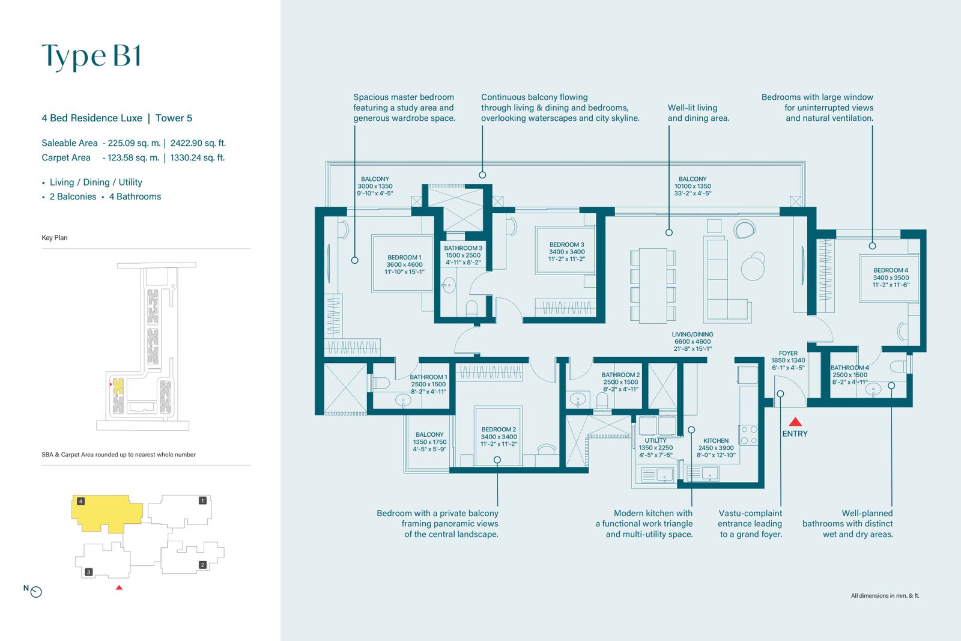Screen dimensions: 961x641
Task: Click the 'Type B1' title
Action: click(x=91, y=56)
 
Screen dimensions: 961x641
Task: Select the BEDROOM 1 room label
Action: click(x=404, y=258)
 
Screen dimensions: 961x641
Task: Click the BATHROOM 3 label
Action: click(x=463, y=248)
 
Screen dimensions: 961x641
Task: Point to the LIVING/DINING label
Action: click(x=693, y=334)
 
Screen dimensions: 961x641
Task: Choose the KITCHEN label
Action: click(x=715, y=440)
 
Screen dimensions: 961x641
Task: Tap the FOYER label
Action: click(x=788, y=353)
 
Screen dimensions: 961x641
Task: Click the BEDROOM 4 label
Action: click(x=891, y=270)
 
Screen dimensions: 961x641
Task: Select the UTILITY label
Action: click(x=655, y=440)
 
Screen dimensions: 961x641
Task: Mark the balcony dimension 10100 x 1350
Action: click(x=693, y=186)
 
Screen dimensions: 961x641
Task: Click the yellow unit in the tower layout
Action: click(x=107, y=513)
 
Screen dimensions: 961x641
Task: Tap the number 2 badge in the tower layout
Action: click(x=202, y=565)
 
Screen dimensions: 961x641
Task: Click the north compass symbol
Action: click(x=36, y=592)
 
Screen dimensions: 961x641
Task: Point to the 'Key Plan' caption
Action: click(x=55, y=238)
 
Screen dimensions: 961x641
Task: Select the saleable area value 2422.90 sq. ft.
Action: click(x=198, y=143)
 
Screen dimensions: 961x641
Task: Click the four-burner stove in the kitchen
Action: click(x=748, y=434)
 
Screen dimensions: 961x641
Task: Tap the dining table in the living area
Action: click(x=653, y=285)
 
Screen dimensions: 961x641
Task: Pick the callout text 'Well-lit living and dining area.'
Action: click(x=699, y=113)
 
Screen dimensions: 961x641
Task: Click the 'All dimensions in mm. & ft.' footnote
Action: click(x=885, y=595)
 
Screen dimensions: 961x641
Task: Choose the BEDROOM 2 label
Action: click(x=499, y=430)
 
